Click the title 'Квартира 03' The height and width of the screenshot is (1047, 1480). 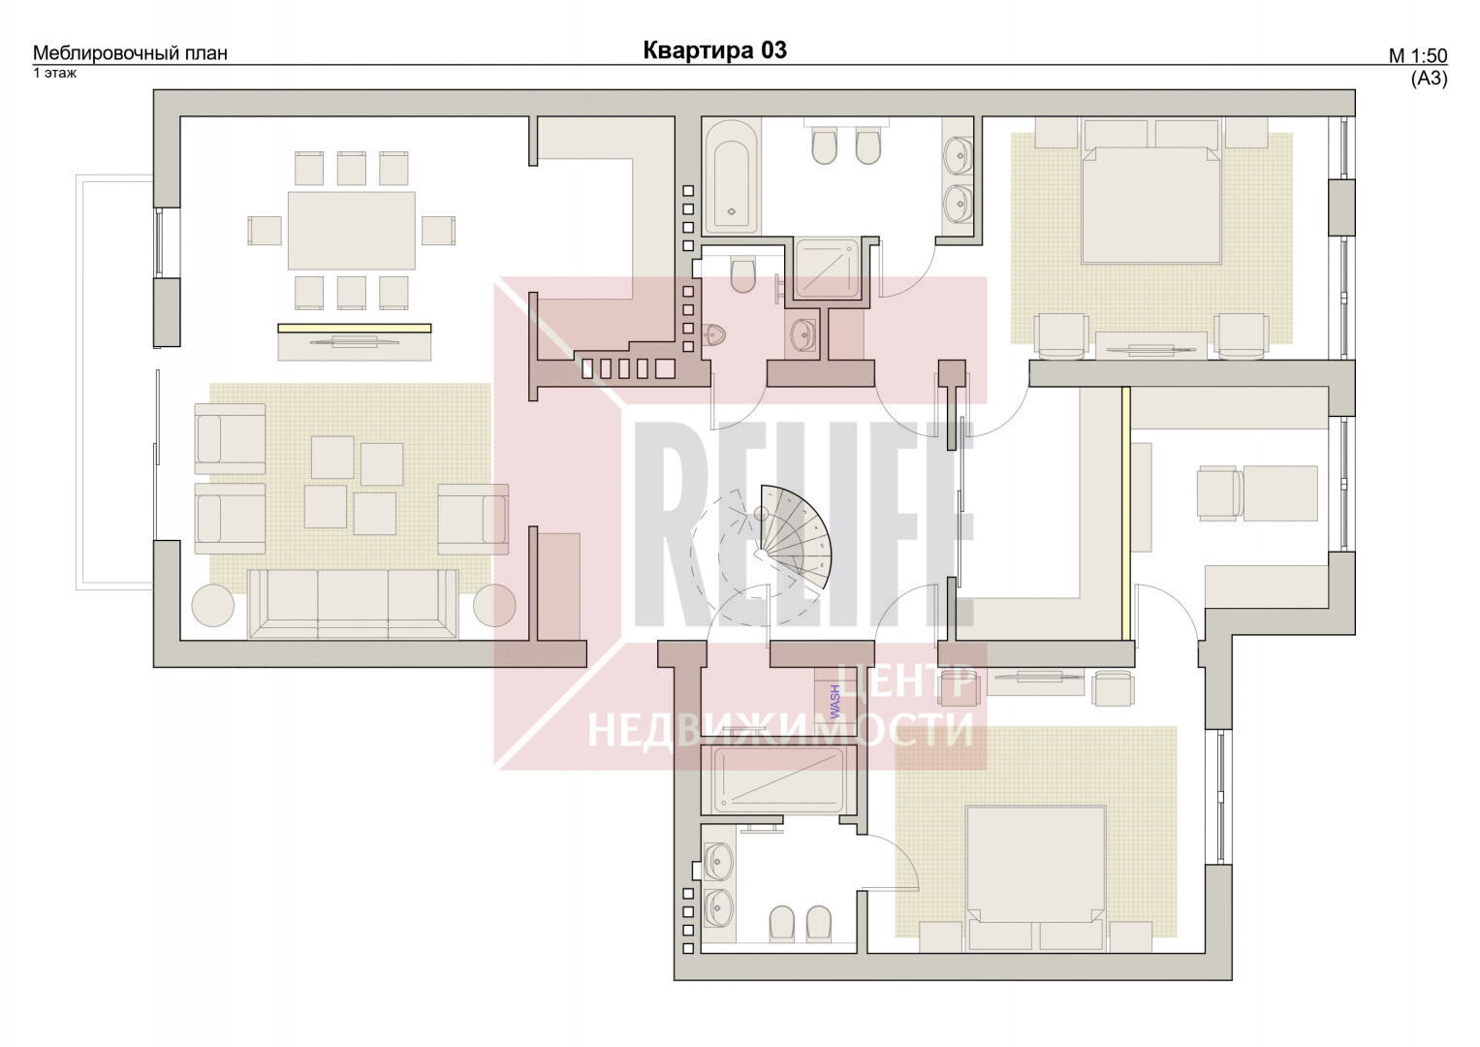[715, 50]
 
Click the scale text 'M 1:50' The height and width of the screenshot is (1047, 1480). [1418, 56]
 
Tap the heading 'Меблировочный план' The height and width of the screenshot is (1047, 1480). [130, 53]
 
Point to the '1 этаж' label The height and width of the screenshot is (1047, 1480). [55, 73]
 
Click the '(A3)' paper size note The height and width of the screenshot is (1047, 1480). [1430, 79]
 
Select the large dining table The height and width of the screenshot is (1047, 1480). [352, 230]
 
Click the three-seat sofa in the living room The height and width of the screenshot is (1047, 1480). [353, 604]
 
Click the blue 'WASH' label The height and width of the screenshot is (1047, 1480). [834, 701]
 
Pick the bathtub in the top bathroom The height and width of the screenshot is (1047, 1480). [731, 176]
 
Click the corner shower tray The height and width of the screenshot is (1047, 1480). [827, 269]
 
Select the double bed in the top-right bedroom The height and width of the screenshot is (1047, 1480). [1151, 205]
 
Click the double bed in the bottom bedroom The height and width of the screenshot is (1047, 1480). [1035, 864]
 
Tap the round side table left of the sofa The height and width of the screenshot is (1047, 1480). [212, 606]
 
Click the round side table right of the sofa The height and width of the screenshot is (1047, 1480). [494, 606]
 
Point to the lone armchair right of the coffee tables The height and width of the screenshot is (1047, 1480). [473, 519]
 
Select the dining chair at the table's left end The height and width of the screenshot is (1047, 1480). [265, 230]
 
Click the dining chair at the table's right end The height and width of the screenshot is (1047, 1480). [439, 230]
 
